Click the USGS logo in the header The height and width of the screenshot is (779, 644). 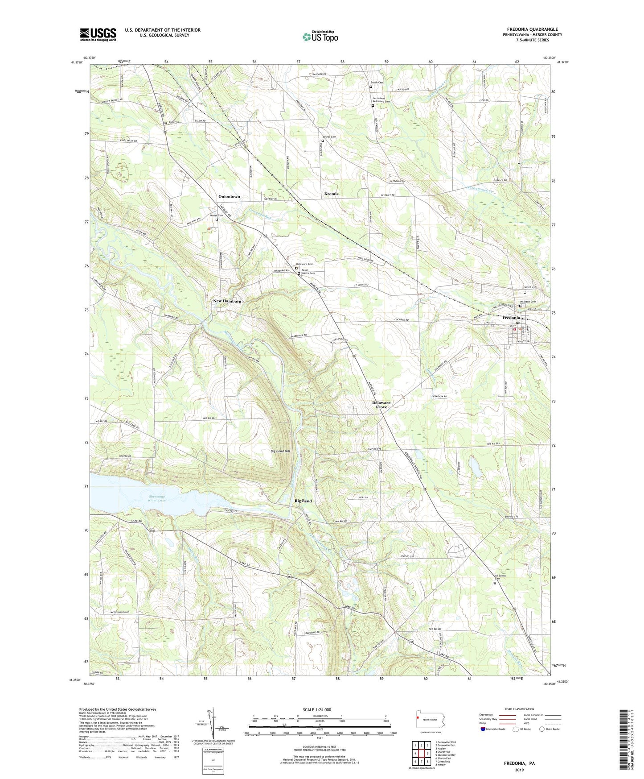coord(98,34)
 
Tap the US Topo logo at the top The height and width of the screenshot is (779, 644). coord(320,37)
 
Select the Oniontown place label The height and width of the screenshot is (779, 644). coord(229,196)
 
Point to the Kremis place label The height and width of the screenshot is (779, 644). coord(331,194)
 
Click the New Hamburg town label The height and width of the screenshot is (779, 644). coord(227,301)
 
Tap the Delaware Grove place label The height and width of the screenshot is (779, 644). coord(381,405)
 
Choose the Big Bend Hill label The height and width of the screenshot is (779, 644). coord(280,452)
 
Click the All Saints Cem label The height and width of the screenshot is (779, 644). coord(501,577)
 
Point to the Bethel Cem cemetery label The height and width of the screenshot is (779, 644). coord(329,137)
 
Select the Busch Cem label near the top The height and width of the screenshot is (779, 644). coord(377,83)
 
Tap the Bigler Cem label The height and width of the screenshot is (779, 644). coord(175,122)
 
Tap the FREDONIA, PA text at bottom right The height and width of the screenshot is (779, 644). coord(519,763)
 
